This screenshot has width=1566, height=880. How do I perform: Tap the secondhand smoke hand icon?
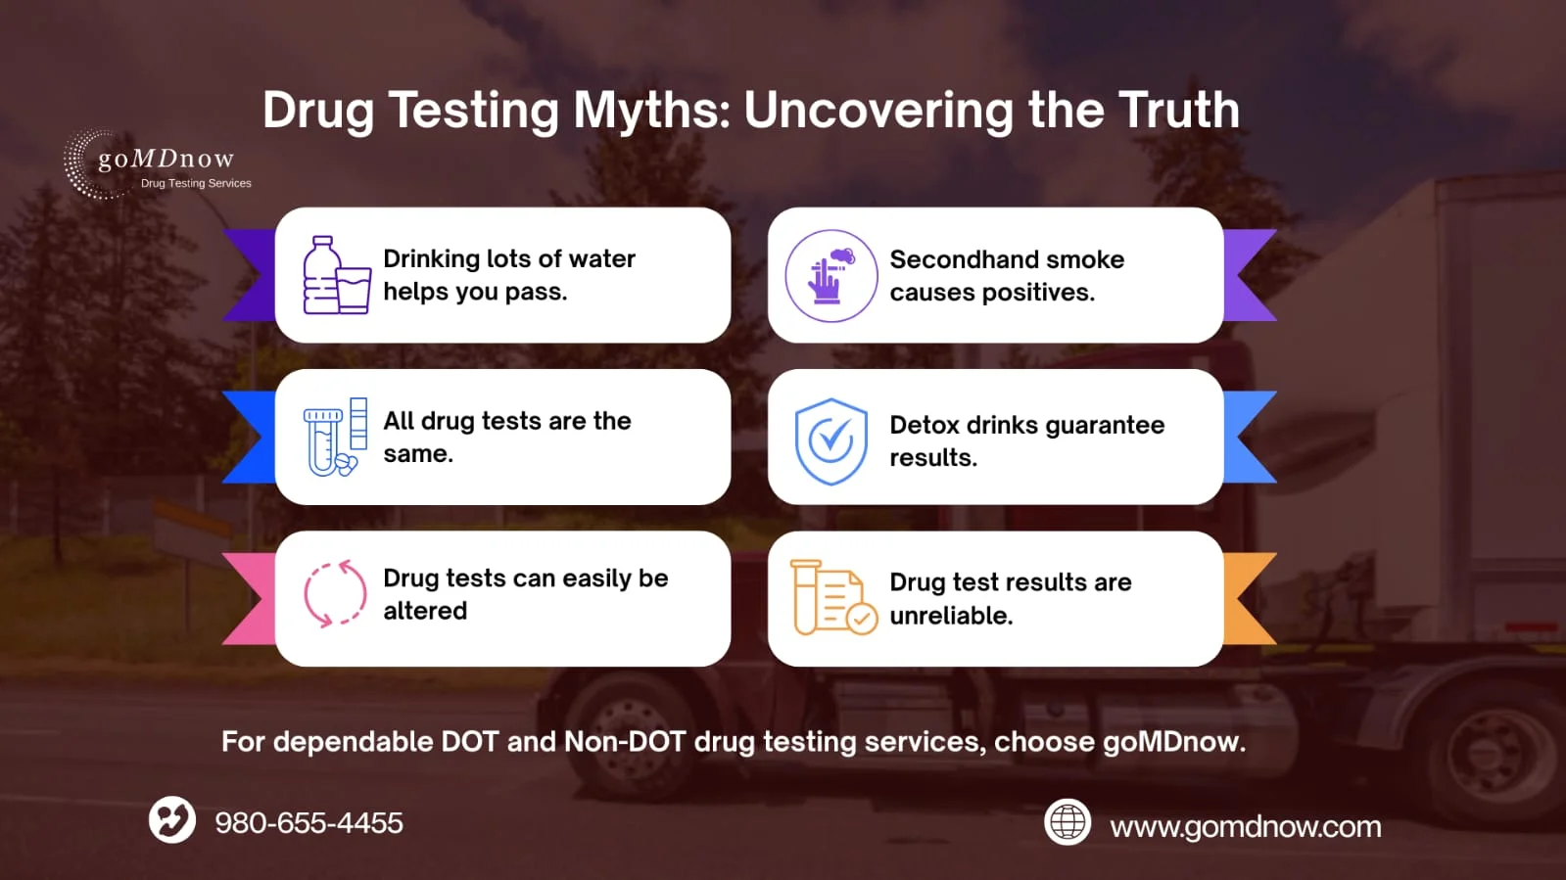click(830, 276)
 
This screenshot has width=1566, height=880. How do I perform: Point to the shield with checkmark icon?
click(830, 441)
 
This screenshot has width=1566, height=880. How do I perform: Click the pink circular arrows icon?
click(335, 593)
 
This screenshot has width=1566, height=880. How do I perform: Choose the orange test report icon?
click(832, 597)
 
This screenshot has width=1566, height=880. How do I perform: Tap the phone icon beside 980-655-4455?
click(172, 819)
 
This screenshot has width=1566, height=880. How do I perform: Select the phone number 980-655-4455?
click(308, 823)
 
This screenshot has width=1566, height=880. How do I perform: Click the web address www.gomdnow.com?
click(1245, 827)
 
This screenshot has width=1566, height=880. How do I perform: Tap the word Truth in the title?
click(1178, 110)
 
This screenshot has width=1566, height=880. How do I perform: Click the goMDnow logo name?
click(166, 159)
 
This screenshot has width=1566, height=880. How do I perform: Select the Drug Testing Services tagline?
click(196, 183)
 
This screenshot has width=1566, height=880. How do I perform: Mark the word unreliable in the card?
click(950, 616)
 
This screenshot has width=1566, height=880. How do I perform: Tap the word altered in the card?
click(425, 611)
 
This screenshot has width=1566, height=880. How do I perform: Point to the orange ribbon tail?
click(1251, 598)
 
